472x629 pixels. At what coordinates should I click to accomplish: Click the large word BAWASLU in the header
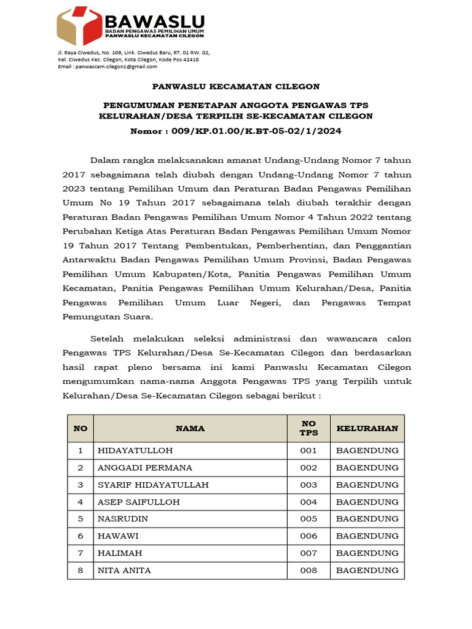pyautogui.click(x=154, y=20)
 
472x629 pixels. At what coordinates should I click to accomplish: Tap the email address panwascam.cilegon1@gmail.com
pyautogui.click(x=116, y=66)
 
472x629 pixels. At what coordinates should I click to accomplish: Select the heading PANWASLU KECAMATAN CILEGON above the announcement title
pyautogui.click(x=236, y=87)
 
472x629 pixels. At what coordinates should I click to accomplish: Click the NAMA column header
pyautogui.click(x=190, y=428)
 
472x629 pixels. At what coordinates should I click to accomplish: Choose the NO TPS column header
pyautogui.click(x=309, y=428)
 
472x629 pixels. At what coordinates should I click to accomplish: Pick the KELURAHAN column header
pyautogui.click(x=367, y=428)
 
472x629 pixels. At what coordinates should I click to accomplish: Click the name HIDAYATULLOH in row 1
pyautogui.click(x=127, y=450)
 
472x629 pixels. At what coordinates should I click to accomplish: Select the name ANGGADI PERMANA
pyautogui.click(x=145, y=467)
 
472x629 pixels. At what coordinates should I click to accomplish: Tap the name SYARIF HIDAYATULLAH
pyautogui.click(x=153, y=485)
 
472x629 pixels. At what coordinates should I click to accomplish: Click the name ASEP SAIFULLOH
pyautogui.click(x=139, y=502)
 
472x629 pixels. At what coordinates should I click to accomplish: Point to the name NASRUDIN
pyautogui.click(x=123, y=519)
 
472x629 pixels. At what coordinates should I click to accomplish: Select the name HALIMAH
pyautogui.click(x=120, y=553)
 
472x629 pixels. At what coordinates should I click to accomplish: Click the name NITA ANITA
pyautogui.click(x=124, y=571)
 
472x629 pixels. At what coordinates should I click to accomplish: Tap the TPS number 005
pyautogui.click(x=309, y=519)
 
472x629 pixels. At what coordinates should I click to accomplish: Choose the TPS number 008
pyautogui.click(x=309, y=571)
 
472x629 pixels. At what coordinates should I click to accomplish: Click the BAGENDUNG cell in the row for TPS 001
pyautogui.click(x=367, y=450)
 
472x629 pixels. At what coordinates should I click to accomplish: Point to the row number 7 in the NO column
pyautogui.click(x=80, y=553)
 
